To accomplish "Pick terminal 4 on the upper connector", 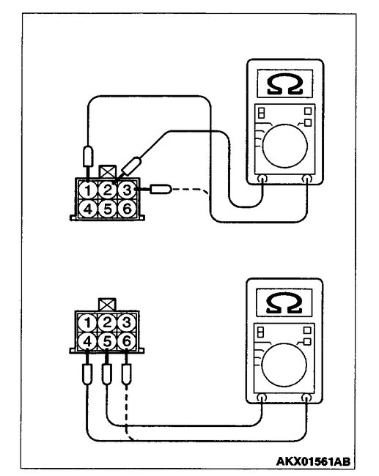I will click(88, 209).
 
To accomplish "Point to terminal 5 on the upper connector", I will click(107, 209).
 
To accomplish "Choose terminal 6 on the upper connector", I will click(126, 209).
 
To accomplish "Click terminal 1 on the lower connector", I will click(88, 322).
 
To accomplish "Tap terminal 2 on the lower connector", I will click(107, 322).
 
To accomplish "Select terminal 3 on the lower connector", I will click(126, 322).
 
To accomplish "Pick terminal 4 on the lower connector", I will click(88, 340).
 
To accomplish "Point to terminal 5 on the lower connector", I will click(107, 340).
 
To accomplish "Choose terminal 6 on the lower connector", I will click(126, 340).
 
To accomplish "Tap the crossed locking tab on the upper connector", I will click(107, 173).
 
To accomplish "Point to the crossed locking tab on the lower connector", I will click(107, 304).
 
